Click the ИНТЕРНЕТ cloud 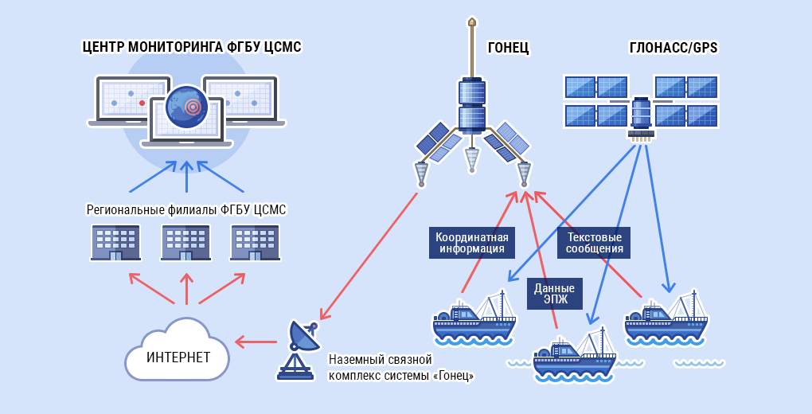(x=177, y=356)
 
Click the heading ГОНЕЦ (x=508, y=48)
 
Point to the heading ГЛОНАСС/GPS (x=673, y=48)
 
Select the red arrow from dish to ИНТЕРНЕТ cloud (x=256, y=342)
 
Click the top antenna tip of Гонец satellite (x=471, y=21)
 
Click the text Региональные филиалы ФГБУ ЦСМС (x=185, y=209)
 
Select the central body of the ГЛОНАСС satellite (x=641, y=113)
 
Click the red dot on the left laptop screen (x=142, y=103)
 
